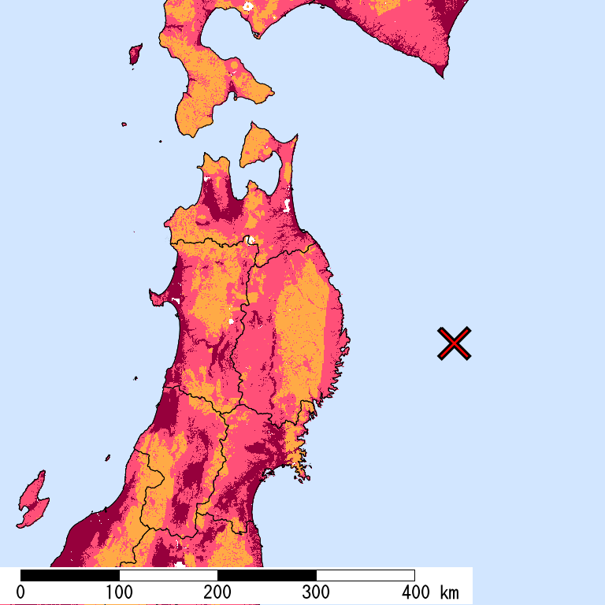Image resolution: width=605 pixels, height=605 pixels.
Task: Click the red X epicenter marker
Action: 455,343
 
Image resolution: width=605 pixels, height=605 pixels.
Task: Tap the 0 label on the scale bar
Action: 20,592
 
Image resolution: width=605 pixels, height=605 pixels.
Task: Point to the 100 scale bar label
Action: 119,592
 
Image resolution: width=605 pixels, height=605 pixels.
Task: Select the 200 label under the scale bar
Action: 217,592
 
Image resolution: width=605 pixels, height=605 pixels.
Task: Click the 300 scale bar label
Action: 316,592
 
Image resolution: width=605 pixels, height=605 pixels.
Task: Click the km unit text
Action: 450,592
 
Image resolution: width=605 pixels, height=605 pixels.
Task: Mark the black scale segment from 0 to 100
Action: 69,575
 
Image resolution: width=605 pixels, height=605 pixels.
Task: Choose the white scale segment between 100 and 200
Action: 168,575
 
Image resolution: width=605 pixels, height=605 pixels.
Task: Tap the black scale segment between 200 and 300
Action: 266,575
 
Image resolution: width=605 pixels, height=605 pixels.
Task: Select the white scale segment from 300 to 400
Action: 365,575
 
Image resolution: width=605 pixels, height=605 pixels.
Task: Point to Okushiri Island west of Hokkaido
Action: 135,54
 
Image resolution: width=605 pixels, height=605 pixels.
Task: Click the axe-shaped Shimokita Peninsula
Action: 260,146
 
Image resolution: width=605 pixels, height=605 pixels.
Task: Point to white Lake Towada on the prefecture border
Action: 249,240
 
